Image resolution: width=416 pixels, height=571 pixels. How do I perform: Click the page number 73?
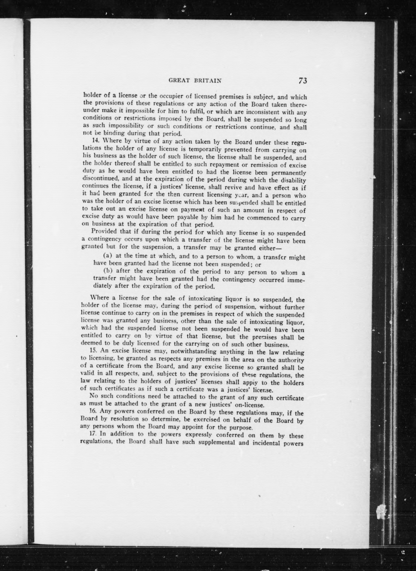(x=303, y=81)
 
